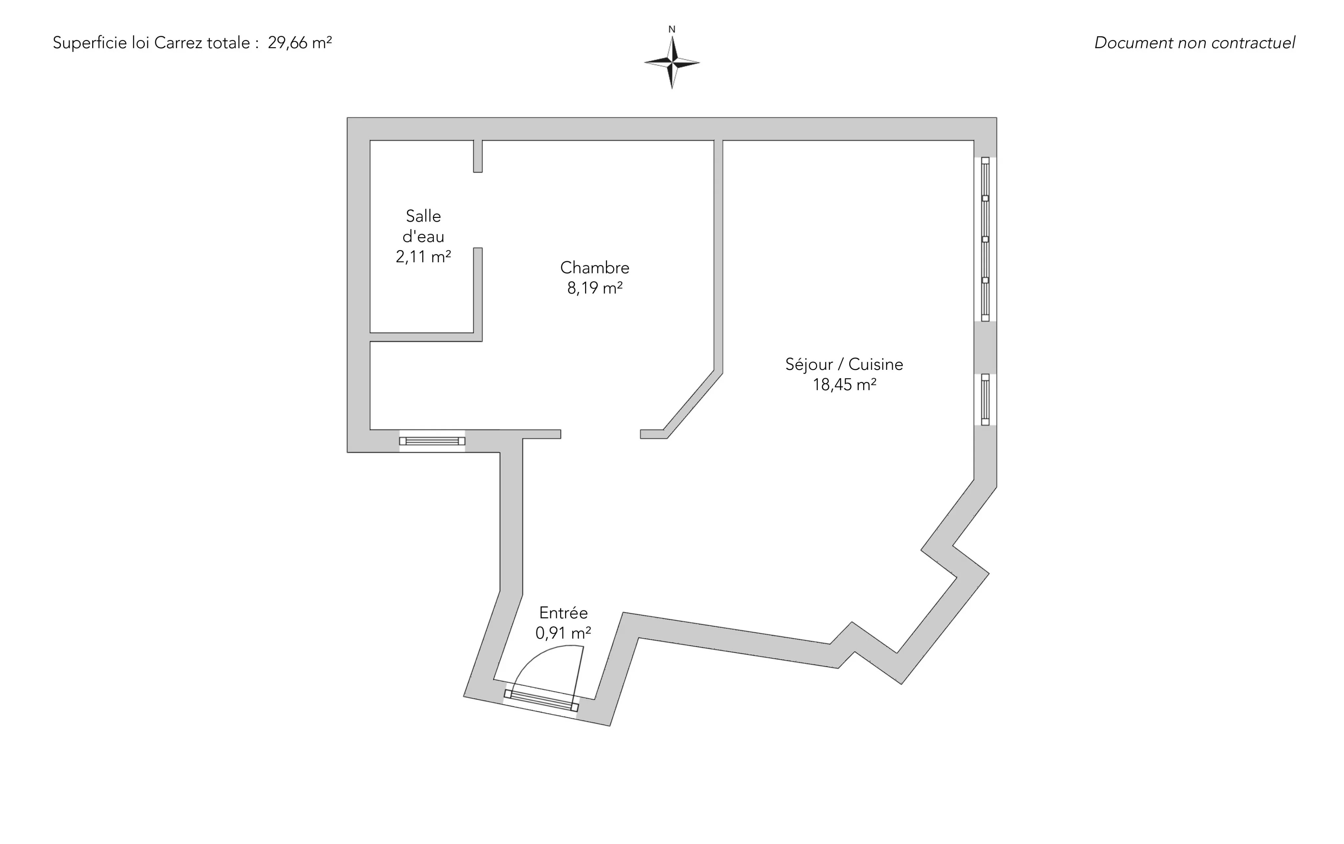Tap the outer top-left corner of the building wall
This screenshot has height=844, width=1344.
[347, 118]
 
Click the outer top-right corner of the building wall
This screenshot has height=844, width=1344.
[997, 118]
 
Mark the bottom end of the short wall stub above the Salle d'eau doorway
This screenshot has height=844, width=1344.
[478, 172]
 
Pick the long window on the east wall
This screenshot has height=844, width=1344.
[985, 239]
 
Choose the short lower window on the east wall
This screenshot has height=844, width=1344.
[985, 400]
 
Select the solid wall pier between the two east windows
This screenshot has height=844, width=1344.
[985, 348]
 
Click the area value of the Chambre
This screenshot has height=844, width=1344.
[595, 288]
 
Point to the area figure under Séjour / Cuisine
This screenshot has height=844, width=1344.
[845, 385]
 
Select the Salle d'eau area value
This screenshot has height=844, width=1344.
[424, 257]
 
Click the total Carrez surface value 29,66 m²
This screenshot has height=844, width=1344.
[300, 42]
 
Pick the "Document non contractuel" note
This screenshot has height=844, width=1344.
[1194, 42]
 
